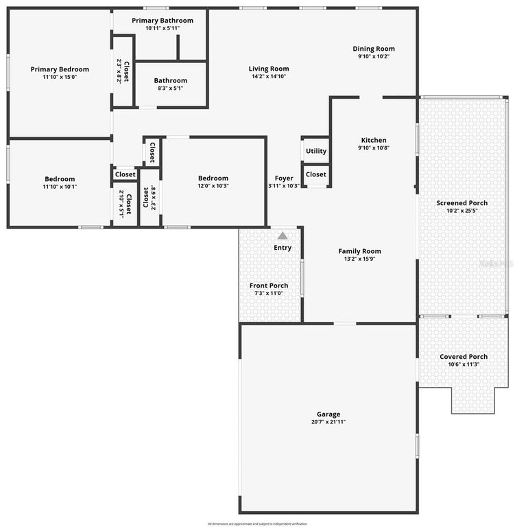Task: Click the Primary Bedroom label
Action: (60, 69)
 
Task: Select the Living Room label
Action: (268, 69)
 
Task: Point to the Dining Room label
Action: (374, 49)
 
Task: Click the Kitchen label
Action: (374, 140)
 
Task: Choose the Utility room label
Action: (316, 151)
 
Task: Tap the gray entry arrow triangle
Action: (283, 235)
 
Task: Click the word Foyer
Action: (284, 178)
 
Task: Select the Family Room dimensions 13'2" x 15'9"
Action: (359, 259)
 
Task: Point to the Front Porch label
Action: (269, 285)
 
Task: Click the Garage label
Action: (328, 414)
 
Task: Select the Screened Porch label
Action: (462, 203)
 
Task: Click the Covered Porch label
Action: (464, 357)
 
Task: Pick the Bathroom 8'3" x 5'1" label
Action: (170, 80)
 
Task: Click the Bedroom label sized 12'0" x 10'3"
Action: (213, 178)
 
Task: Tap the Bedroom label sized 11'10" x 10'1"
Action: (60, 179)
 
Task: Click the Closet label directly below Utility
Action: (316, 174)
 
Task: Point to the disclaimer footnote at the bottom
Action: (257, 523)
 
